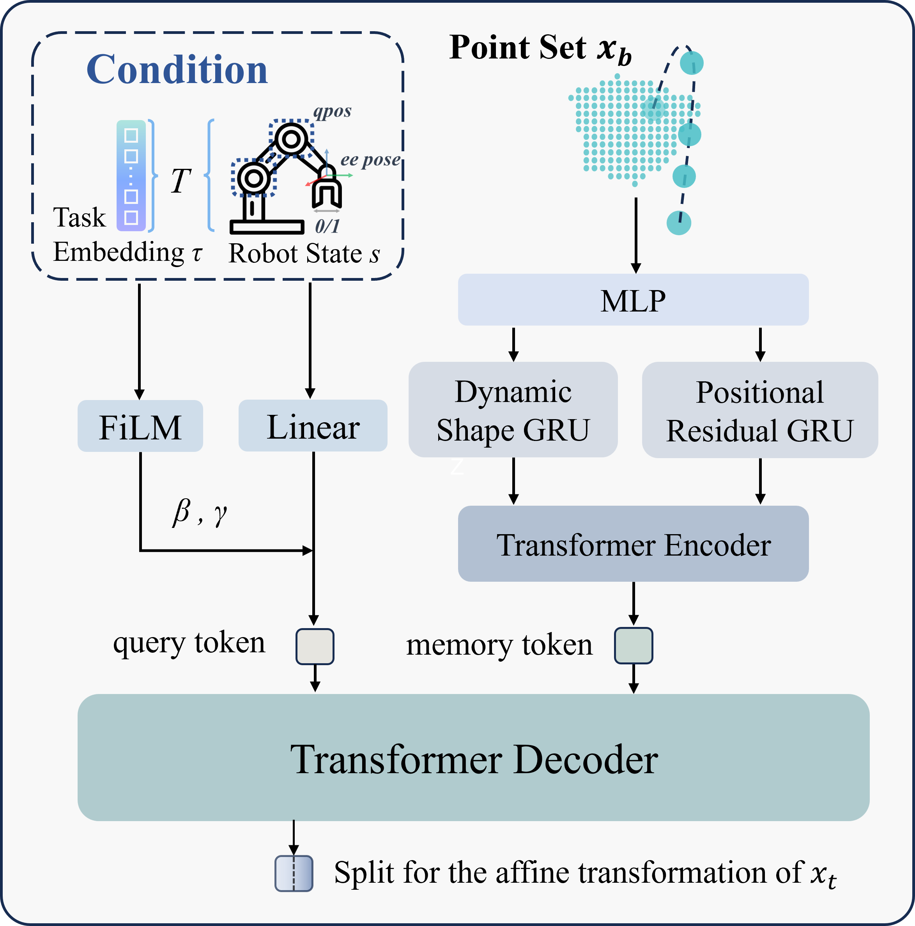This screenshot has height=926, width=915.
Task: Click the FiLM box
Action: [140, 426]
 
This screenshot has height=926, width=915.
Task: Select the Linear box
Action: [313, 426]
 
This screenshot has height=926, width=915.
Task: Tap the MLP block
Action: [633, 300]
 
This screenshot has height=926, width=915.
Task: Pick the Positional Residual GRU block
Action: [760, 410]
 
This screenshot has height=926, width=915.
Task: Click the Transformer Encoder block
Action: [633, 544]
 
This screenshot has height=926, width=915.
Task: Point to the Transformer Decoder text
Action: [474, 759]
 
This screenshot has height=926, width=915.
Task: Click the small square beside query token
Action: [315, 646]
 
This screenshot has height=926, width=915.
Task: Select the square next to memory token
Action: [633, 646]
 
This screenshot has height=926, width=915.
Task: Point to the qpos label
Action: [332, 111]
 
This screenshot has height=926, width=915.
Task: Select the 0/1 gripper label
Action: [327, 226]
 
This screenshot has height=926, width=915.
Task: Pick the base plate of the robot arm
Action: [267, 227]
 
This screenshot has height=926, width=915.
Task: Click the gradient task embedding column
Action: [131, 175]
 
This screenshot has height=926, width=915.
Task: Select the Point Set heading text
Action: [540, 48]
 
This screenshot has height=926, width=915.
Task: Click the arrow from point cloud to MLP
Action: [635, 235]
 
